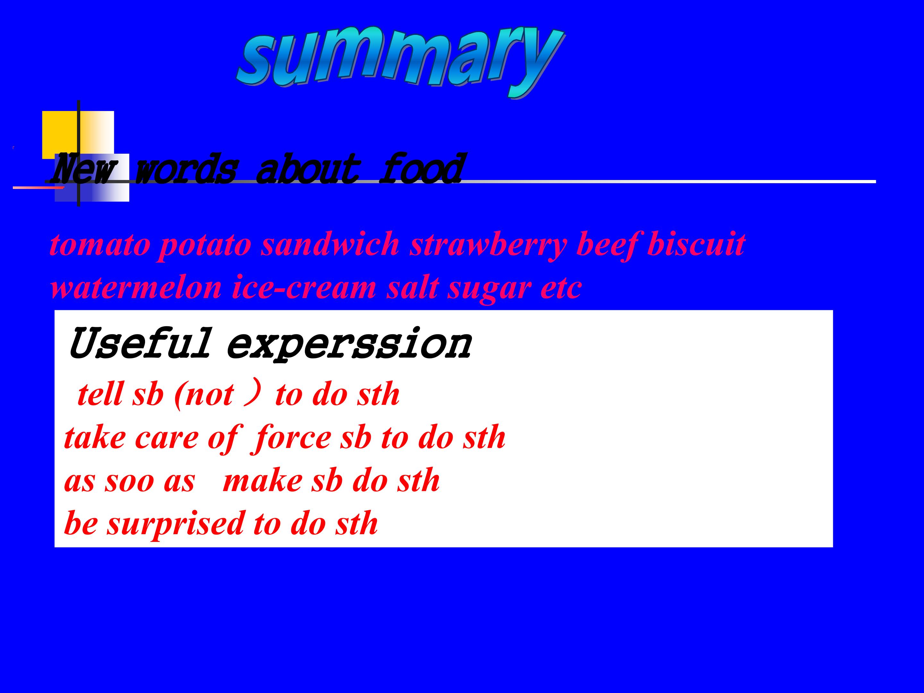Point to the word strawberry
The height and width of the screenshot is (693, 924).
click(x=488, y=246)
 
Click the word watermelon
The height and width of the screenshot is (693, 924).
click(x=136, y=288)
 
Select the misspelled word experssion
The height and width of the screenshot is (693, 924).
click(x=349, y=345)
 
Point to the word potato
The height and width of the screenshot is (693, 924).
click(x=206, y=246)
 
